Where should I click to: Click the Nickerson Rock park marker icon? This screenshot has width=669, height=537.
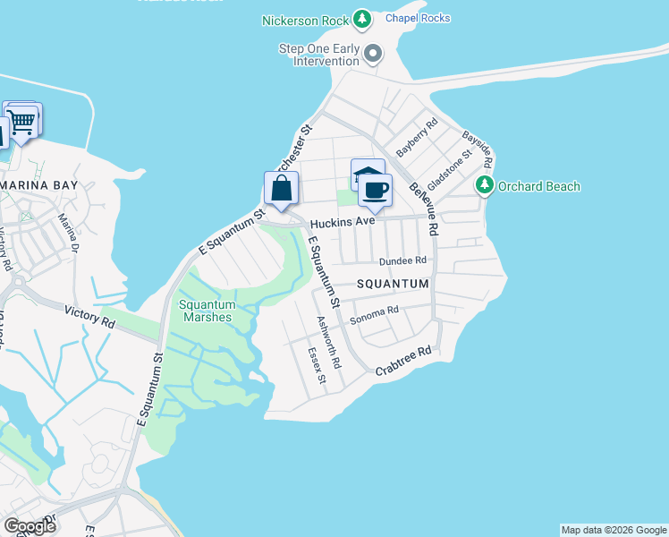click(361, 18)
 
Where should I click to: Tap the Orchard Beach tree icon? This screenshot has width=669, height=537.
click(485, 185)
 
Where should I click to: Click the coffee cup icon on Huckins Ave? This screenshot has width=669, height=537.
click(376, 191)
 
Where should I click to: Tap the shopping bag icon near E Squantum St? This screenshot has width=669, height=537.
click(281, 189)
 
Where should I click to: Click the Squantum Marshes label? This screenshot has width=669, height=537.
click(206, 311)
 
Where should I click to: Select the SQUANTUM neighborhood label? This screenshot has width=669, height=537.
click(394, 284)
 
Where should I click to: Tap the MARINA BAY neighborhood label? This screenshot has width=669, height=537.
click(39, 184)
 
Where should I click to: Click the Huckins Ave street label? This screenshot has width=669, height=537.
click(342, 221)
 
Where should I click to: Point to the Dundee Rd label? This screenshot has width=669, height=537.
click(403, 260)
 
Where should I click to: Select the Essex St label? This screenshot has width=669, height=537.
click(317, 367)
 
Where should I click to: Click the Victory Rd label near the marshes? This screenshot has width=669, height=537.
click(90, 315)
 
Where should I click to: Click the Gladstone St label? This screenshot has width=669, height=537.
click(447, 170)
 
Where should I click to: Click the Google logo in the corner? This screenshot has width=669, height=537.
click(30, 525)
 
